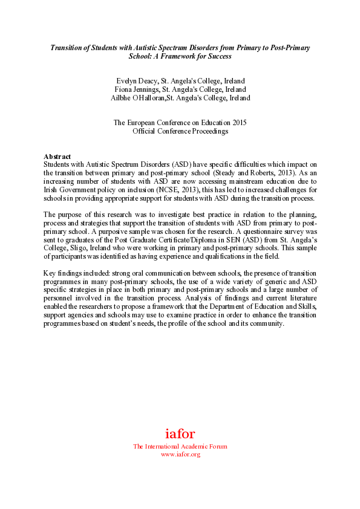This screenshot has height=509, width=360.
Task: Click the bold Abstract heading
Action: pos(57,157)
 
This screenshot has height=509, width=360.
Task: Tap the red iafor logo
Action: pos(180,433)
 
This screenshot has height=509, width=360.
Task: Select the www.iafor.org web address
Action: pos(180,454)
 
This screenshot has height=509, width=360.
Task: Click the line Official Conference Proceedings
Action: pos(180,131)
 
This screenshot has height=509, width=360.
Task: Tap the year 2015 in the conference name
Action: pos(237,123)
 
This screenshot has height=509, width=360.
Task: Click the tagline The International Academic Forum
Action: pos(180,447)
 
